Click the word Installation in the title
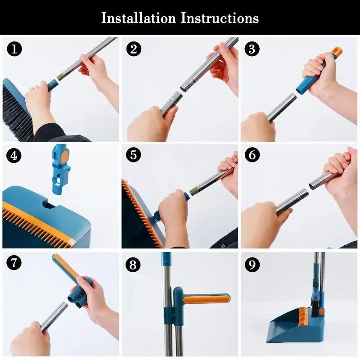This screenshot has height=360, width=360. [x=138, y=18]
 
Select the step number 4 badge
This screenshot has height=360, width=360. [x=14, y=156]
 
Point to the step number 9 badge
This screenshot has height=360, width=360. [x=252, y=264]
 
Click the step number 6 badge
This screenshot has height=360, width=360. [x=252, y=155]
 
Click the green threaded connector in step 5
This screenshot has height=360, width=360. [x=193, y=191]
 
